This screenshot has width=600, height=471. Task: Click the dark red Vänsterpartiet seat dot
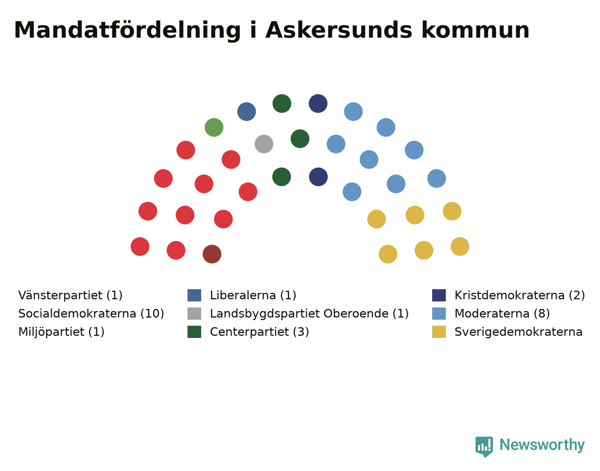pyautogui.click(x=212, y=254)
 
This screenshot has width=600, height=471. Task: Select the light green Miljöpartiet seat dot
pyautogui.click(x=214, y=127)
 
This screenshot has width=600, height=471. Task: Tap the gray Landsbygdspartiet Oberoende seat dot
pyautogui.click(x=264, y=144)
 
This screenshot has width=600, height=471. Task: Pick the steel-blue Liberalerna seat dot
pyautogui.click(x=247, y=111)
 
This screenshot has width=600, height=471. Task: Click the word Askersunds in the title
pyautogui.click(x=339, y=30)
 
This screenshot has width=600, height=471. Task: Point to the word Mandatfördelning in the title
pyautogui.click(x=127, y=30)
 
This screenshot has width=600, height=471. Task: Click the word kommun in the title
pyautogui.click(x=475, y=30)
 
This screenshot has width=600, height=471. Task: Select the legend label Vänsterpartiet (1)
pyautogui.click(x=70, y=295)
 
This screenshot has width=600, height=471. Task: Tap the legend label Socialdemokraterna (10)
pyautogui.click(x=91, y=313)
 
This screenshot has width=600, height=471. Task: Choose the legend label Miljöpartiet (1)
pyautogui.click(x=61, y=332)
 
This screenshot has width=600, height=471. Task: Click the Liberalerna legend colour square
pyautogui.click(x=194, y=295)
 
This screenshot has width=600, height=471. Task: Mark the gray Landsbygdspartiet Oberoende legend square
pyautogui.click(x=194, y=313)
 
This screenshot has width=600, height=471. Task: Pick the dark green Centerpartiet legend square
pyautogui.click(x=194, y=332)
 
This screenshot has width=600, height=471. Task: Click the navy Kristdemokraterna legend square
pyautogui.click(x=439, y=295)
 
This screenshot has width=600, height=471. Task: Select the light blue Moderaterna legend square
pyautogui.click(x=439, y=313)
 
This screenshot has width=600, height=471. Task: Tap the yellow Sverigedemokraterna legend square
pyautogui.click(x=439, y=332)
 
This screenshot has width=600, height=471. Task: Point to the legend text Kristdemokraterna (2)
pyautogui.click(x=519, y=295)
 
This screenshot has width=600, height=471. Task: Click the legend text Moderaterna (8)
pyautogui.click(x=502, y=313)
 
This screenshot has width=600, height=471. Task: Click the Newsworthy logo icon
pyautogui.click(x=484, y=446)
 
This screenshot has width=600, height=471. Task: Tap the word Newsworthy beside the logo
pyautogui.click(x=542, y=445)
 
